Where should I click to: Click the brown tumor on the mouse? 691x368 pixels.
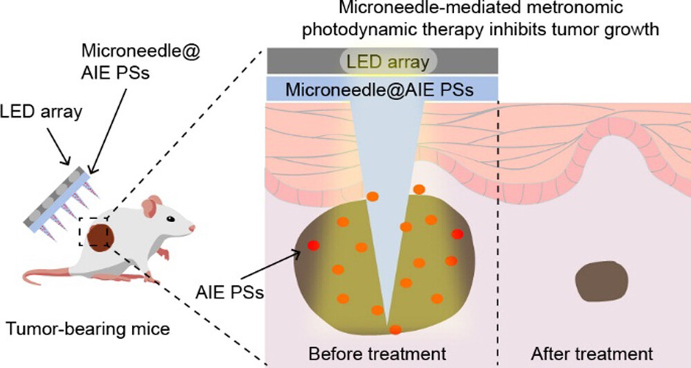pyautogui.click(x=101, y=238)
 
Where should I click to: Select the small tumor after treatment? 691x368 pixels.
pyautogui.click(x=602, y=281)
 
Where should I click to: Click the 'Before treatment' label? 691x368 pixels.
pyautogui.click(x=377, y=354)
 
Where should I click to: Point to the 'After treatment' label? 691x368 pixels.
pyautogui.click(x=592, y=354)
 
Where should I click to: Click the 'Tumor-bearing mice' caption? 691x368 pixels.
pyautogui.click(x=88, y=329)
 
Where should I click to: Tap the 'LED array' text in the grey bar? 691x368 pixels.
pyautogui.click(x=388, y=62)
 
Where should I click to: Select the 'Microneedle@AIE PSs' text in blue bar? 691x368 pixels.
pyautogui.click(x=379, y=90)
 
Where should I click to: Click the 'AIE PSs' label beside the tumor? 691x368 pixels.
pyautogui.click(x=230, y=293)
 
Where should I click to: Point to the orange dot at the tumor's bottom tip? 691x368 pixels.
pyautogui.click(x=395, y=330)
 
